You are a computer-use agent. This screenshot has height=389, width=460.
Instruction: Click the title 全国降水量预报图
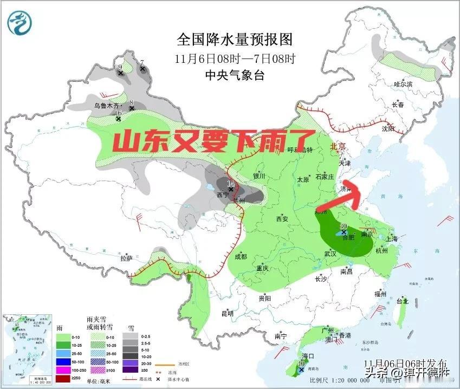pyautogui.click(x=235, y=40)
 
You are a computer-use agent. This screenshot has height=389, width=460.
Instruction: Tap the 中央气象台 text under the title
pyautogui.click(x=235, y=75)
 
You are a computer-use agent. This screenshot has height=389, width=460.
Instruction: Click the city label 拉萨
pyautogui.click(x=126, y=258)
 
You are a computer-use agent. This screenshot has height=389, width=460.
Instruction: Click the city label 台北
pyautogui.click(x=403, y=301)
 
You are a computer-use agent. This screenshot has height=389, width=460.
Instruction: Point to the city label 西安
pyautogui.click(x=282, y=219)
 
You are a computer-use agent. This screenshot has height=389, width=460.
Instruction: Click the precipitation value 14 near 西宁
pyautogui.click(x=231, y=184)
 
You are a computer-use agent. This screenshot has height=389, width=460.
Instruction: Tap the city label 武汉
pyautogui.click(x=330, y=254)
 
